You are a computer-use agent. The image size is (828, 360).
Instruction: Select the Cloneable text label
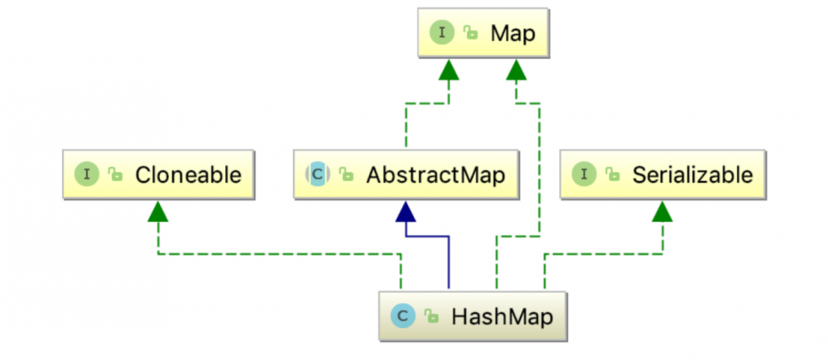188,175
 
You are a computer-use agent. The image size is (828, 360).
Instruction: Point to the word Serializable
692,175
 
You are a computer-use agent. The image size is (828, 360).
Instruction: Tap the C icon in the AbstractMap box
317,175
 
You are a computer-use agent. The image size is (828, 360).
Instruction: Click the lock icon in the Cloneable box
116,175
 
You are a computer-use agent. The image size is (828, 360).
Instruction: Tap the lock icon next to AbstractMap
346,175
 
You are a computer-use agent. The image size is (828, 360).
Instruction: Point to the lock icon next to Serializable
614,175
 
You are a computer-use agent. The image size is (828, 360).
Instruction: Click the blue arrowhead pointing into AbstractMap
405,212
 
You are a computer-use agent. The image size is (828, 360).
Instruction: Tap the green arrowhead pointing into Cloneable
158,212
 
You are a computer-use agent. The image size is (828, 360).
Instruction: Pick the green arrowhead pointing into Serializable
662,212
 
